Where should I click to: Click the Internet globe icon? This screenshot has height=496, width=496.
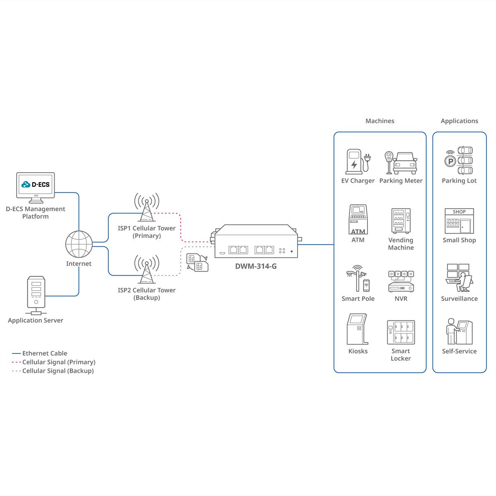(79, 244)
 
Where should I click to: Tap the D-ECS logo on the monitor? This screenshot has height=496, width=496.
(36, 184)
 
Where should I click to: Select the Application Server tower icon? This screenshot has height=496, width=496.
(36, 295)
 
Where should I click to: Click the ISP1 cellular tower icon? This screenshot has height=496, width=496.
(147, 207)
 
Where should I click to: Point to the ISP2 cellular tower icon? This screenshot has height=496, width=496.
(147, 269)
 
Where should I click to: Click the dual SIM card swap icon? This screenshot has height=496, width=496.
(198, 262)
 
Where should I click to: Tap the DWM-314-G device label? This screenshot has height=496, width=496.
(256, 266)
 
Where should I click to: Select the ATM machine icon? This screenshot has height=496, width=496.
(358, 219)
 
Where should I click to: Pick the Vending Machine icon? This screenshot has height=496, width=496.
(401, 221)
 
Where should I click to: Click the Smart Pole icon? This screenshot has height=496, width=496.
(358, 278)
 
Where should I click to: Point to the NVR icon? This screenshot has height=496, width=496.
(401, 281)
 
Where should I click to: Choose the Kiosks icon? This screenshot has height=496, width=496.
(358, 329)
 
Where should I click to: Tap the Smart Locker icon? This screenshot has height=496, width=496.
(401, 332)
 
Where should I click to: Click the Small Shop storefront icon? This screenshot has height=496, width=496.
(459, 221)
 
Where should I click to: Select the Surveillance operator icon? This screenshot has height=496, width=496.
(459, 278)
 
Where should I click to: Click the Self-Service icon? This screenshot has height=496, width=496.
(459, 331)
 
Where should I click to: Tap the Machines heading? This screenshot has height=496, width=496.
(380, 121)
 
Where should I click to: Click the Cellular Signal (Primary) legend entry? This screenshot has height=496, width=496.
(54, 362)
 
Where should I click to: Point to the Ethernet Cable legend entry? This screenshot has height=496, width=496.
(40, 353)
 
